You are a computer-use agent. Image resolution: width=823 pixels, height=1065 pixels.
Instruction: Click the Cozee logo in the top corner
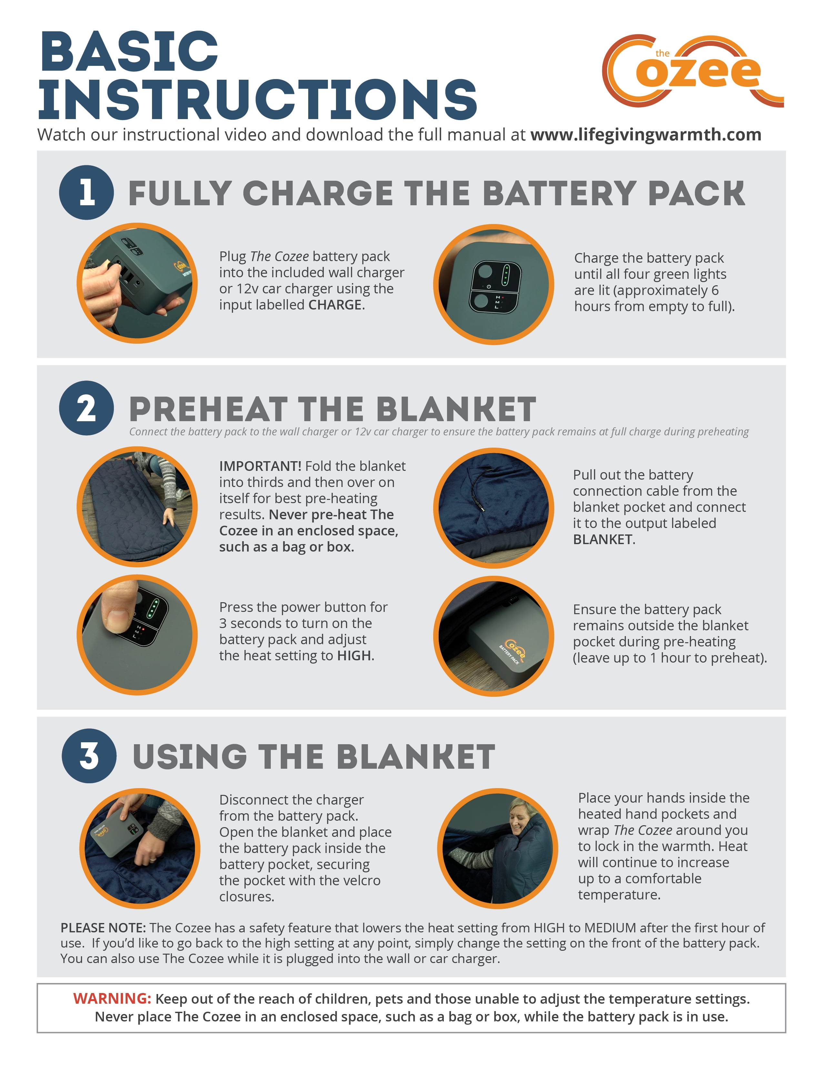coord(692,71)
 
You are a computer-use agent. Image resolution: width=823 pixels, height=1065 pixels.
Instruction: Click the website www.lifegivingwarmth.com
coord(645,135)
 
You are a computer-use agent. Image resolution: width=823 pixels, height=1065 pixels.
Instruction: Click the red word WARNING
coord(112,998)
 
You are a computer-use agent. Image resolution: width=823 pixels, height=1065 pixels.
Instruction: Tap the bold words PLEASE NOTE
coord(103,928)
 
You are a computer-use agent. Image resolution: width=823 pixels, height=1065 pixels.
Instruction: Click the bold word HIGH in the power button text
coord(354,655)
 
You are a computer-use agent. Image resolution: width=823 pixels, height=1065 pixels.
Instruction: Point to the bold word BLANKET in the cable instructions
coord(603,539)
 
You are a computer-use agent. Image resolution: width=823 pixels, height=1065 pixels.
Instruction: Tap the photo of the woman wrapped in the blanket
coord(498,848)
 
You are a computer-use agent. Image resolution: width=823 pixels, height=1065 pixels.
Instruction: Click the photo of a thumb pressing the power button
coord(137,635)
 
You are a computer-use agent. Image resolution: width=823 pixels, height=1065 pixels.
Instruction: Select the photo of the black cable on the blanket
coord(493,508)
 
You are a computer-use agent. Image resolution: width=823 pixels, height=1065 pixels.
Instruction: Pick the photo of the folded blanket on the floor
coord(137,507)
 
